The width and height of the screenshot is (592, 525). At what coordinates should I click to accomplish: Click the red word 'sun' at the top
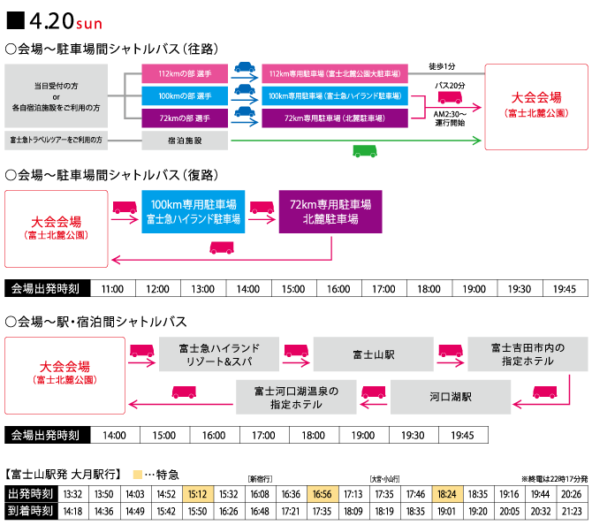pos(89,25)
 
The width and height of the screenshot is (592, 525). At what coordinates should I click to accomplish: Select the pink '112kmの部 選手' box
pos(185,73)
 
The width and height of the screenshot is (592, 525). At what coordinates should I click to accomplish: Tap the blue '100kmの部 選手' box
pos(185,95)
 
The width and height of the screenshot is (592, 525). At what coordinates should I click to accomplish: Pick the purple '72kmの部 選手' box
pos(185,118)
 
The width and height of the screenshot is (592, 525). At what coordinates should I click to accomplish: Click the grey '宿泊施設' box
pos(185,141)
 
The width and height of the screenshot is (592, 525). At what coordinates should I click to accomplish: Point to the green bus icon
pos(365,151)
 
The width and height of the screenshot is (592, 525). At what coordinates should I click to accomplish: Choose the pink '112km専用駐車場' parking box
pos(335,73)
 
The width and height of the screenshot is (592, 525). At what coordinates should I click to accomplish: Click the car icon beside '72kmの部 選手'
pos(245,111)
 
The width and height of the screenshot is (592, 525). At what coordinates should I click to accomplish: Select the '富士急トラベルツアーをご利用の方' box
pos(57,141)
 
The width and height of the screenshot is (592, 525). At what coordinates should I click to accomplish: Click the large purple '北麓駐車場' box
pos(330,211)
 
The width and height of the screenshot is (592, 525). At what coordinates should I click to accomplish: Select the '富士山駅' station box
pos(373,354)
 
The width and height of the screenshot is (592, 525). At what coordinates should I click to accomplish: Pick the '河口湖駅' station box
pos(451,397)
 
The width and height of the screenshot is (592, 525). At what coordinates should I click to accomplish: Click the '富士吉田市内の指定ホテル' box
pos(527,354)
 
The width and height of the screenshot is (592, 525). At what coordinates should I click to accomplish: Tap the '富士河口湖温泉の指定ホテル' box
pos(296,397)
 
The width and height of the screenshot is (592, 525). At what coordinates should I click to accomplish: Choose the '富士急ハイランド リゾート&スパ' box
pos(219,354)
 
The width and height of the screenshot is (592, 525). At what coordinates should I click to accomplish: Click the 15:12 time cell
pos(198,494)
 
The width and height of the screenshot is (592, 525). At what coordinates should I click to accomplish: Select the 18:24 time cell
pos(447,494)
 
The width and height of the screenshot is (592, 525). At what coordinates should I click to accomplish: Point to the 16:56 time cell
pos(323,494)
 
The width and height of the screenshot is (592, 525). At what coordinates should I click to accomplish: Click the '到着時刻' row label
pos(31,511)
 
